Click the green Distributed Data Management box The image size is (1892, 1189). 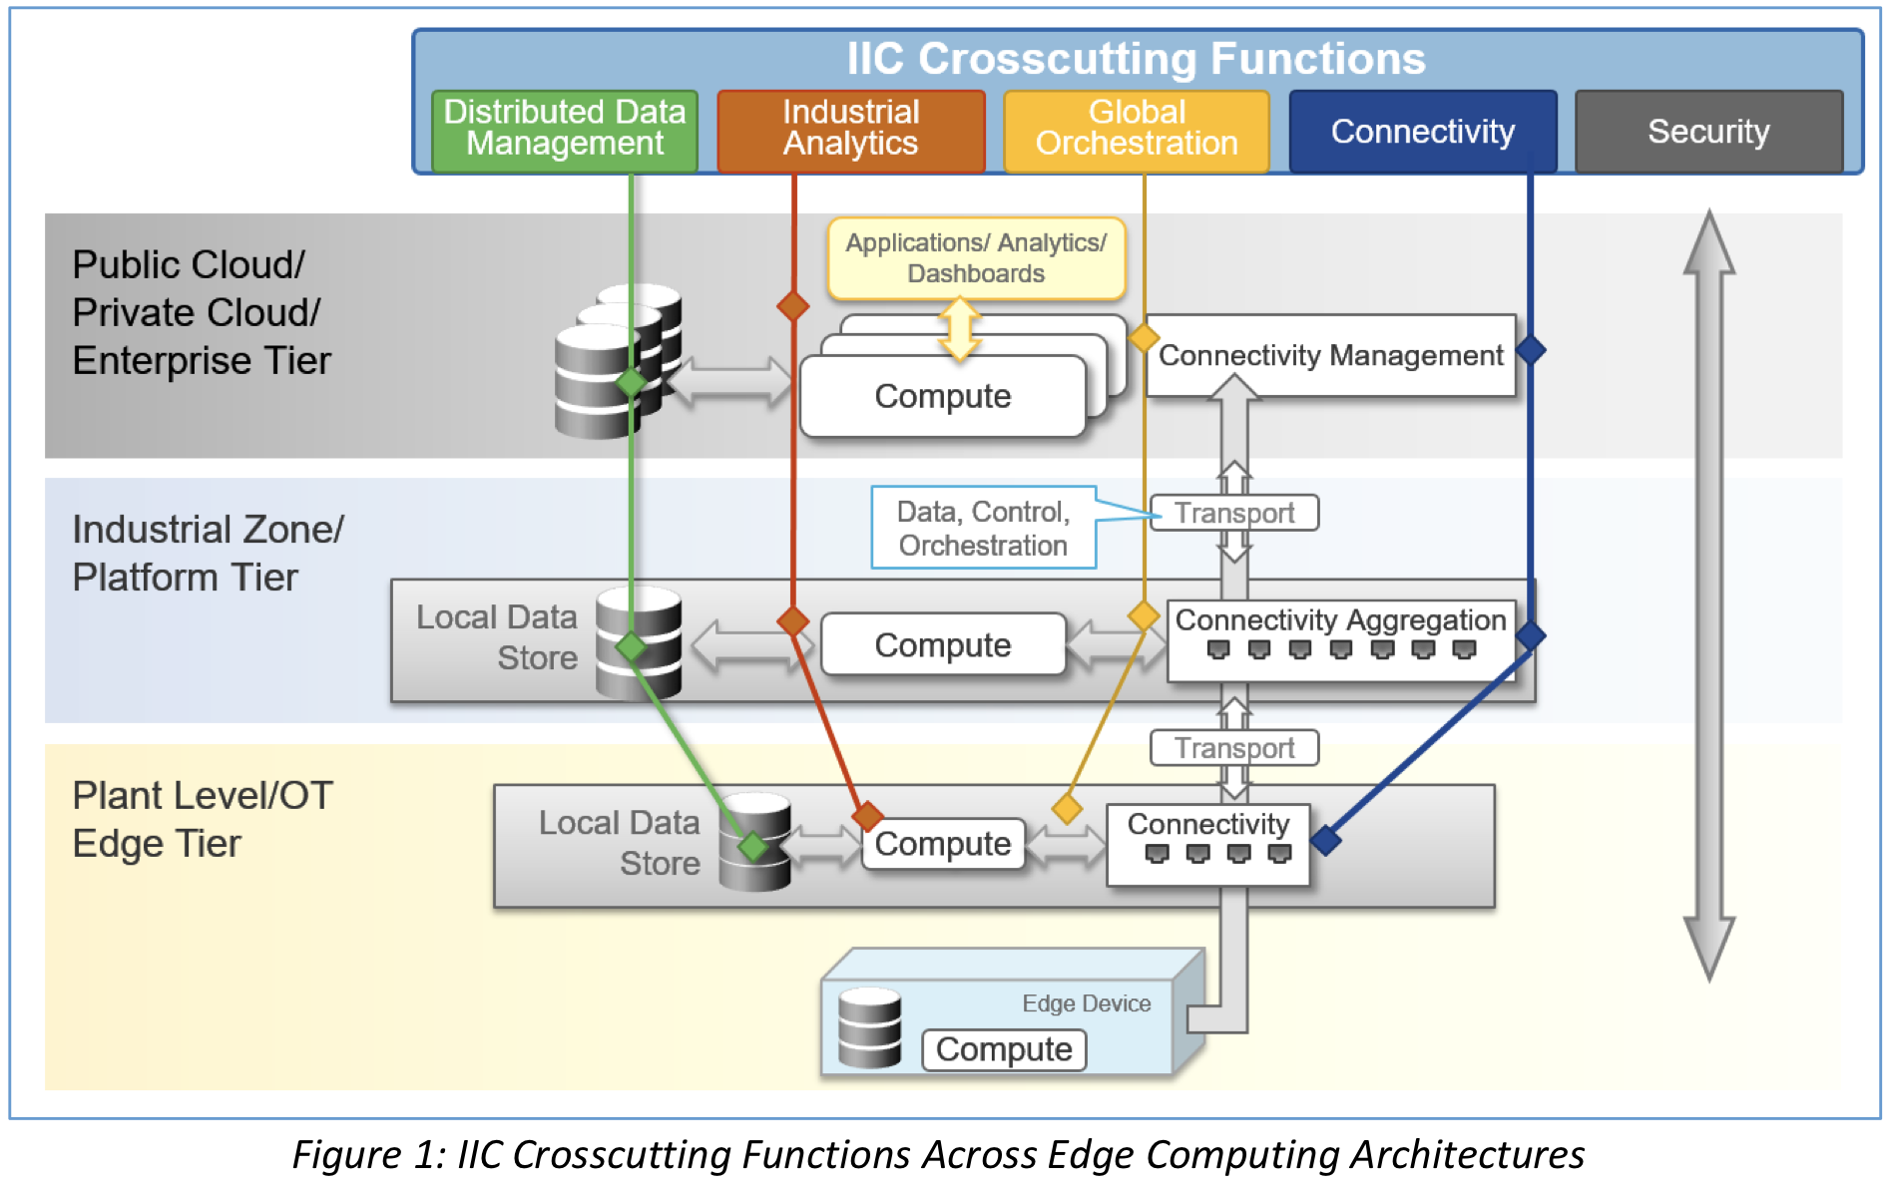click(565, 130)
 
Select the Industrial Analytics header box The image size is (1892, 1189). click(850, 130)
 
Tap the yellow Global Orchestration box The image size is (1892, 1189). click(1137, 130)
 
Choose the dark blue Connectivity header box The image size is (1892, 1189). click(1422, 132)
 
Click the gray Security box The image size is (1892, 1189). click(1708, 132)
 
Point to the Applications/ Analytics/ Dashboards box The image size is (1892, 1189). click(976, 258)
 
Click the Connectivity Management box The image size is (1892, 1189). click(1330, 356)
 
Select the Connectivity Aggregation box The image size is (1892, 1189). click(1340, 638)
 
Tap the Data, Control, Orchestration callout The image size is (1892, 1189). click(983, 528)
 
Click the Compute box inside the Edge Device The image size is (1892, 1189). click(1004, 1049)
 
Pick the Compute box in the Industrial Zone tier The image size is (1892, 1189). click(942, 645)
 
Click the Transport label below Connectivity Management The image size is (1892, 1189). click(1234, 513)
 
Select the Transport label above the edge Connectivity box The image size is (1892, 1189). click(1234, 748)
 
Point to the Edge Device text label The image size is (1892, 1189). click(1086, 1003)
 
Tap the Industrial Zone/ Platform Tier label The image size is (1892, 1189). click(208, 553)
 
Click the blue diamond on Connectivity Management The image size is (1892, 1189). click(1531, 350)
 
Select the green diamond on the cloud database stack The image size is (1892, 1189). click(631, 381)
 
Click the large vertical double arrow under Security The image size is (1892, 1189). click(1709, 594)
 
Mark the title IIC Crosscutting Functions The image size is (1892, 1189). click(1136, 59)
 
